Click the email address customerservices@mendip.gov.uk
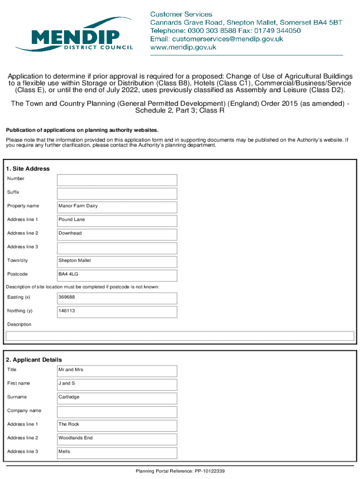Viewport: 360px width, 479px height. click(x=216, y=39)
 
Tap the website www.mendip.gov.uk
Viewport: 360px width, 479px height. click(x=183, y=47)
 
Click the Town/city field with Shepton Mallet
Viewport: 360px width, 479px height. click(x=117, y=261)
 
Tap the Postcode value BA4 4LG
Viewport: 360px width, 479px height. click(x=117, y=275)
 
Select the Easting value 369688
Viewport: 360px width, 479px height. click(x=117, y=298)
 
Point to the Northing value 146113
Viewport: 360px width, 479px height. click(x=117, y=312)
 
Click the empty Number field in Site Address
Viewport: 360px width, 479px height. click(x=117, y=180)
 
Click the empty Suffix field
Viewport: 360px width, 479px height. click(x=117, y=194)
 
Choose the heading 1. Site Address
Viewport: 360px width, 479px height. click(x=28, y=168)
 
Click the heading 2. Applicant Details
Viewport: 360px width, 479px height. click(x=34, y=360)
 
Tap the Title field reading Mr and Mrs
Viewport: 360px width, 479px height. click(x=117, y=371)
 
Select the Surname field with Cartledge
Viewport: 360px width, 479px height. click(x=117, y=398)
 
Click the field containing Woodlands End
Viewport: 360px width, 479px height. click(x=117, y=439)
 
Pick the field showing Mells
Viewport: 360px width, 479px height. click(x=117, y=453)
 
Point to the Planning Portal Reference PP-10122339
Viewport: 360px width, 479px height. click(x=180, y=472)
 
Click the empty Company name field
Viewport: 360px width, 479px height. click(x=117, y=412)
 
